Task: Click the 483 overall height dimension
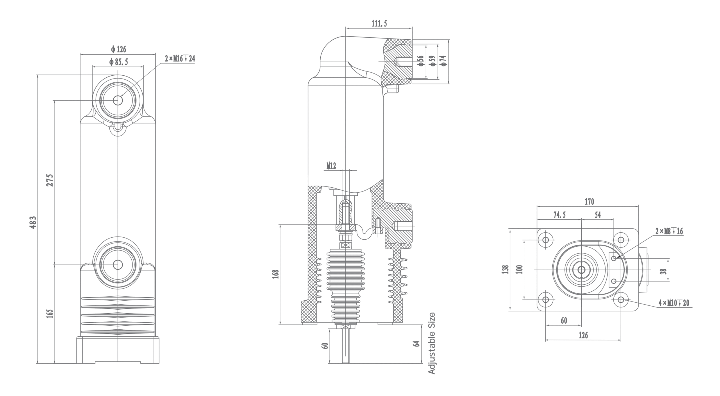pyautogui.click(x=33, y=222)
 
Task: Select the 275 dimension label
pyautogui.click(x=50, y=180)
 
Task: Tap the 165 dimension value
pyautogui.click(x=50, y=314)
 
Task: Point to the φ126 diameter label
pyautogui.click(x=118, y=49)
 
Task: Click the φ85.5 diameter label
pyautogui.click(x=118, y=62)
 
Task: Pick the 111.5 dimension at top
pyautogui.click(x=379, y=24)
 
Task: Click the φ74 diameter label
pyautogui.click(x=444, y=61)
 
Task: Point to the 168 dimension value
pyautogui.click(x=276, y=274)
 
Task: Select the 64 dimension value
pyautogui.click(x=417, y=344)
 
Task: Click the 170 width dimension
pyautogui.click(x=589, y=202)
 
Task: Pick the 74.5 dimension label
pyautogui.click(x=559, y=215)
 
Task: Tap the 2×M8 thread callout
pyautogui.click(x=669, y=231)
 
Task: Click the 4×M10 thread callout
pyautogui.click(x=674, y=303)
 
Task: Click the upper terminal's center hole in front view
pyautogui.click(x=118, y=100)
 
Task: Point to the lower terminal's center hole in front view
pyautogui.click(x=118, y=265)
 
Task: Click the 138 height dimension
pyautogui.click(x=506, y=269)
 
